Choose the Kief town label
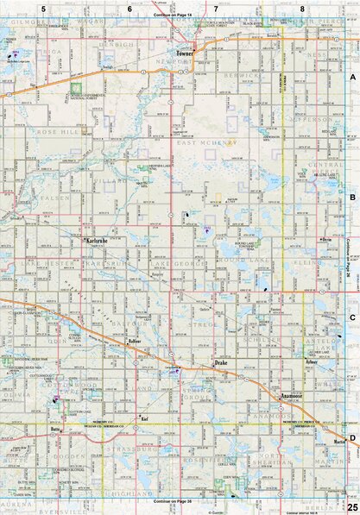145,418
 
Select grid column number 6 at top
129,9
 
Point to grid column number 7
216,9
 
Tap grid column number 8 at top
302,9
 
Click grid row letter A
352,78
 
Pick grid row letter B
352,198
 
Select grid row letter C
352,317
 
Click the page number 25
352,506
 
